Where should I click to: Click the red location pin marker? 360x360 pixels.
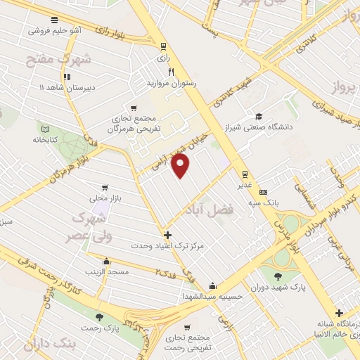point(181,166)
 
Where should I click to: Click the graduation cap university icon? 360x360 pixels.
point(259,117)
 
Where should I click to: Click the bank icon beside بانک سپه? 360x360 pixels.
point(264,192)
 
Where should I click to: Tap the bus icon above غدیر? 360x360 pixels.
point(245,174)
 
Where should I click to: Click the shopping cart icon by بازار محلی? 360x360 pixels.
point(105,188)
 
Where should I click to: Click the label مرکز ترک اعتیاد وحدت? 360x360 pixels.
point(167,247)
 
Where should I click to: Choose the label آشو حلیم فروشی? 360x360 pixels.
point(55,31)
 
